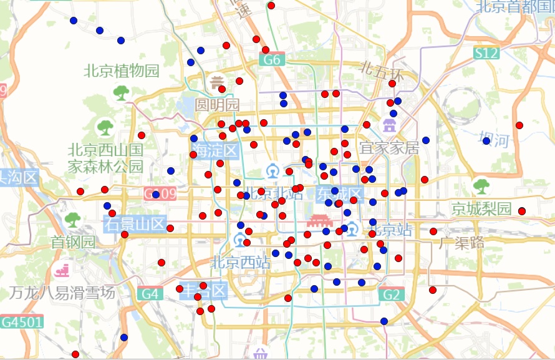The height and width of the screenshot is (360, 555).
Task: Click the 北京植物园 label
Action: tap(122, 71)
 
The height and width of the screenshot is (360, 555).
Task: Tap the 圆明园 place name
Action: tap(217, 104)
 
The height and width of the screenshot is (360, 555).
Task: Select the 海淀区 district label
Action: tap(215, 150)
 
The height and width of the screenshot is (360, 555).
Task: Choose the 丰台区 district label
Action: tap(203, 291)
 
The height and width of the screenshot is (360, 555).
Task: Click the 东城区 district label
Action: tap(339, 192)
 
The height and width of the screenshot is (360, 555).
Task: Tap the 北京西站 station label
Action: tap(241, 263)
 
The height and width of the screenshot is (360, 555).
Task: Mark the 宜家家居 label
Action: tap(389, 148)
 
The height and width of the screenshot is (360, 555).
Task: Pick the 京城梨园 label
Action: tap(481, 208)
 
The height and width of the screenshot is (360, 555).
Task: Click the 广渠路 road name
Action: tap(461, 243)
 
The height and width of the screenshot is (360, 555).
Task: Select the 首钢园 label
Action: tap(73, 241)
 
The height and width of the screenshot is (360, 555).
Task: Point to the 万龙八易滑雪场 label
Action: tap(62, 292)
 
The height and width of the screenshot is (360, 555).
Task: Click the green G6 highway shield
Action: tap(272, 60)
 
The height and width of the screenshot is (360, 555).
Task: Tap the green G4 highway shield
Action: tap(150, 293)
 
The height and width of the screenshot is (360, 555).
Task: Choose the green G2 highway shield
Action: tap(392, 294)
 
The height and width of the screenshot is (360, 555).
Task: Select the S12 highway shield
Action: tap(486, 53)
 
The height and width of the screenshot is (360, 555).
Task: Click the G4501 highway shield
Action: tap(22, 322)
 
